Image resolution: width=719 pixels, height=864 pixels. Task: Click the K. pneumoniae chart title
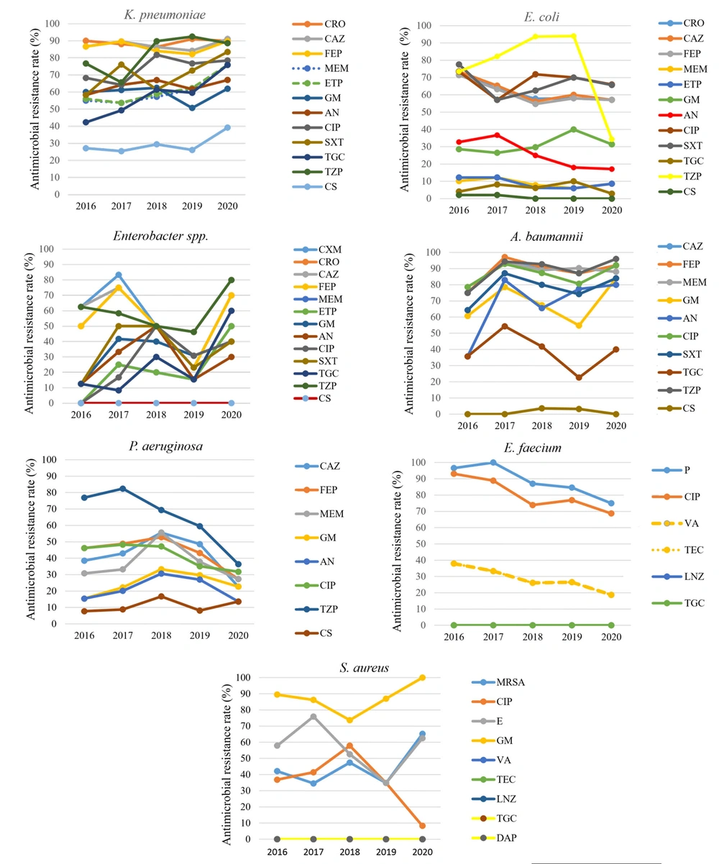(165, 15)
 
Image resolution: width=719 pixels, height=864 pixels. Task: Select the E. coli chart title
(541, 17)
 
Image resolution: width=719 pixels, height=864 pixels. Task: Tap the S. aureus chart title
(365, 668)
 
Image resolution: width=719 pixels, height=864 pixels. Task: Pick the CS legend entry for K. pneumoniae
(315, 187)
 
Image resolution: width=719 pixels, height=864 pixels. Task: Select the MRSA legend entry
(498, 682)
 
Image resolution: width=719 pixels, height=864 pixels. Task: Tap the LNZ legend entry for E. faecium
(678, 576)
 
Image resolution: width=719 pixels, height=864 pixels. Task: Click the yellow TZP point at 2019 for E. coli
(573, 36)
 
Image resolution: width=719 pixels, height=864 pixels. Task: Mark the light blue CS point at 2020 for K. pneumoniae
(227, 128)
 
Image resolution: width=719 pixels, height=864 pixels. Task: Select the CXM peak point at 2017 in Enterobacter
(119, 275)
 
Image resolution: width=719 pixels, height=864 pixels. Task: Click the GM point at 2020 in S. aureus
(422, 678)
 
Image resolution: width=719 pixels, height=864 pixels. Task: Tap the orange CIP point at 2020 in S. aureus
(422, 825)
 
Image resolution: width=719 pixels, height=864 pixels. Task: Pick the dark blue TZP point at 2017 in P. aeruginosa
(122, 489)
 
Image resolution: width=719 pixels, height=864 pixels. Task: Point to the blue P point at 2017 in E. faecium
(493, 463)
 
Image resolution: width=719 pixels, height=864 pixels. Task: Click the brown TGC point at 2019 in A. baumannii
(579, 377)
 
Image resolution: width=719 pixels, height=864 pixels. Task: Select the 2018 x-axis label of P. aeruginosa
(161, 635)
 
